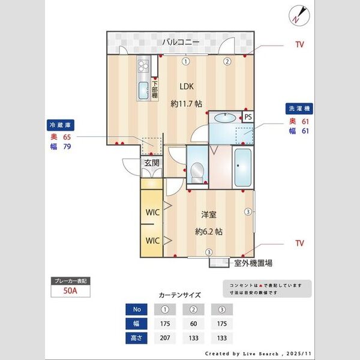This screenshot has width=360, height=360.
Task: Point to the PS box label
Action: (x=248, y=116)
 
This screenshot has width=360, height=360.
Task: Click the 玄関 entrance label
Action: (x=151, y=162)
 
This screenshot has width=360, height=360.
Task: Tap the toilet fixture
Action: (x=196, y=172)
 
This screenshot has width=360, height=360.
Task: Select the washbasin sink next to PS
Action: (x=224, y=118)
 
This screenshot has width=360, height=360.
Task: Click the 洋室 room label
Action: (x=209, y=214)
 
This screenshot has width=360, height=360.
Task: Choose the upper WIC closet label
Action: (x=151, y=212)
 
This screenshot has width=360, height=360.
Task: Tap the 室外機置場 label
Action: (x=253, y=263)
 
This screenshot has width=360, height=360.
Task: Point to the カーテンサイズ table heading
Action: (x=179, y=295)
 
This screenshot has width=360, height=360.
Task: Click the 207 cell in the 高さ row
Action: (x=164, y=338)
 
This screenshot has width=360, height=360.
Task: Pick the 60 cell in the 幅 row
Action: (x=193, y=324)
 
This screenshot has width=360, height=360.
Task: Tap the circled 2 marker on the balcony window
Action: (x=227, y=61)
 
